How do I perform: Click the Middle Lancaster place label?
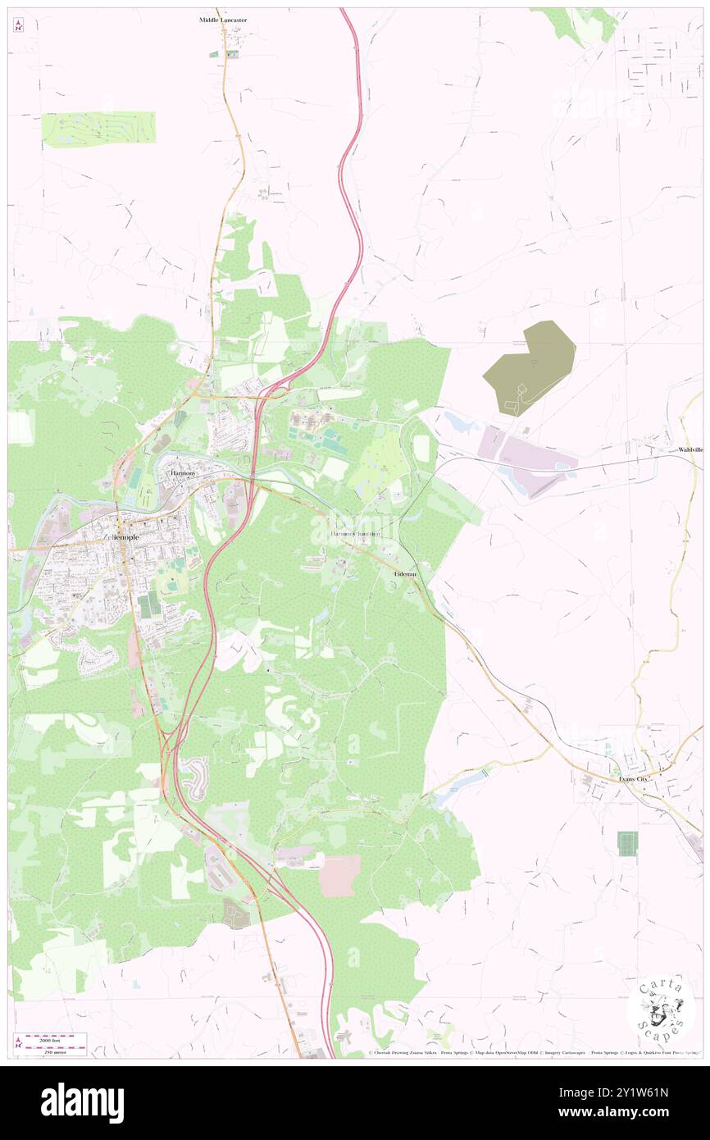(x=223, y=19)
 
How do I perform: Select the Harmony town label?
(x=181, y=474)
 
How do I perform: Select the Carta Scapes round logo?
(x=661, y=1008)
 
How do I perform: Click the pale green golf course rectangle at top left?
(x=98, y=129)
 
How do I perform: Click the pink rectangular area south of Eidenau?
(x=339, y=875)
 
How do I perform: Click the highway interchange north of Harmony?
(x=266, y=394)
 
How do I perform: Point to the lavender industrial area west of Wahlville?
(x=529, y=463)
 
